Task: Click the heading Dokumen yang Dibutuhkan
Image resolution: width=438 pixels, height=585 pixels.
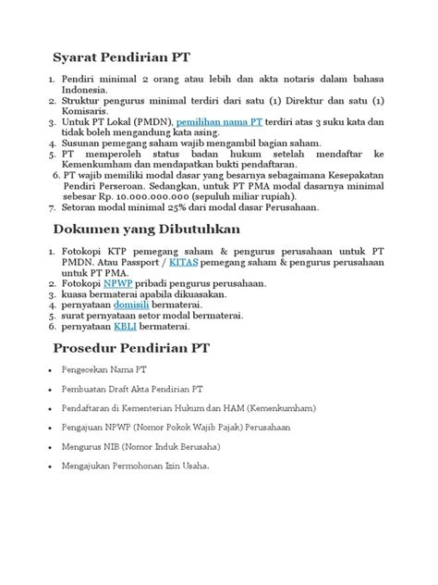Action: pos(147,228)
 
